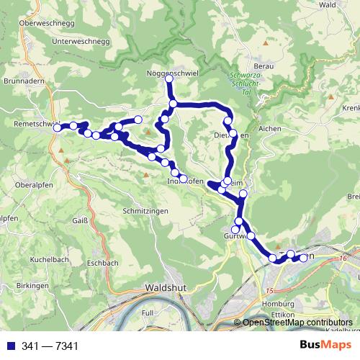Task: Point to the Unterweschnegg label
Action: tap(80, 42)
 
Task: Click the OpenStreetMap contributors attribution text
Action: tap(297, 323)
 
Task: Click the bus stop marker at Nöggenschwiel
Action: tap(169, 78)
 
